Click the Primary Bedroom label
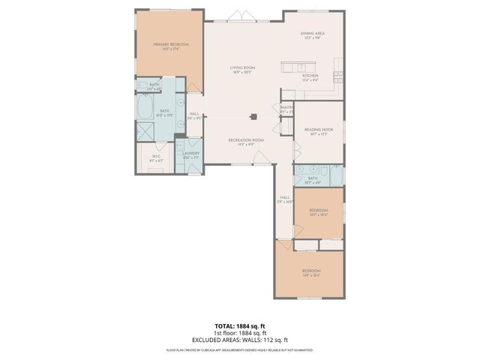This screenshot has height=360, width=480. (x=170, y=46)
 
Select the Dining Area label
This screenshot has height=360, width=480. (x=311, y=35)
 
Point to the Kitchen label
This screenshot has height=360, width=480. (x=310, y=77)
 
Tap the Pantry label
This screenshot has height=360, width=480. (x=286, y=109)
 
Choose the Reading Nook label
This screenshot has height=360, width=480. (x=318, y=131)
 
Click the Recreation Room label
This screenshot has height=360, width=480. (x=246, y=142)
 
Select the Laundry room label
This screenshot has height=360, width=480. (x=190, y=155)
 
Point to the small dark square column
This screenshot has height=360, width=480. (x=255, y=116)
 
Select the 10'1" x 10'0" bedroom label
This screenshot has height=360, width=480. (x=319, y=212)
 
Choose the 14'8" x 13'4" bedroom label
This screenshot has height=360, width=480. (x=311, y=272)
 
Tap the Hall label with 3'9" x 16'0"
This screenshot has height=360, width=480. (x=285, y=199)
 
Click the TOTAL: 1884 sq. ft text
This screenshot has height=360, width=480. (x=239, y=326)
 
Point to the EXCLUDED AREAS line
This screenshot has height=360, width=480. (x=239, y=340)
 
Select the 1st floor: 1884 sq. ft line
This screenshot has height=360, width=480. (x=239, y=333)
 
